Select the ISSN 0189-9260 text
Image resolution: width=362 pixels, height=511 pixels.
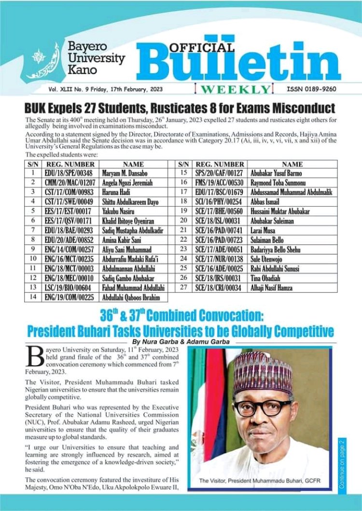click(x=311, y=89)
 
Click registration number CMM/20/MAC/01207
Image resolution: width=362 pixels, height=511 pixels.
click(x=68, y=183)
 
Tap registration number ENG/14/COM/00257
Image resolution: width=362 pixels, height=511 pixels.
click(x=68, y=249)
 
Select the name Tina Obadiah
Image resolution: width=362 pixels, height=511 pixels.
click(x=266, y=278)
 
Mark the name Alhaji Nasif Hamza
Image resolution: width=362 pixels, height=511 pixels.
click(x=275, y=288)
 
